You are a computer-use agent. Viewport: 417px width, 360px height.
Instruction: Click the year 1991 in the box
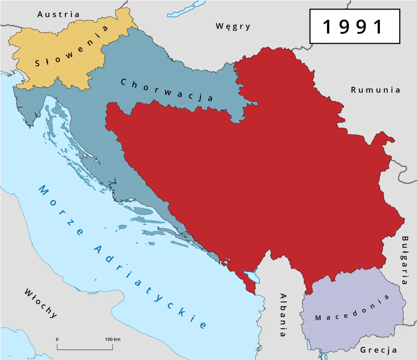pos(354,27)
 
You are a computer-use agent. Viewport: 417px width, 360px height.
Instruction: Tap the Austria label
pos(58,15)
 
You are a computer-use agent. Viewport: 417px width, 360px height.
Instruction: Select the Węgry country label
pos(233,26)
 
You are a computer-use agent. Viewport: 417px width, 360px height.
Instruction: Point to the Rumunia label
pos(375,90)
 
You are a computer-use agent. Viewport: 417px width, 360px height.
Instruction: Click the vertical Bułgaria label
pos(405,260)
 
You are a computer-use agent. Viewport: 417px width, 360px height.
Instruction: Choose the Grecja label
pos(379,350)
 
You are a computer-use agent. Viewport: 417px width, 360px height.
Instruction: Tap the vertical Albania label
pos(283,315)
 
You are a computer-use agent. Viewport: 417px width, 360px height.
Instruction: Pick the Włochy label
pos(41,303)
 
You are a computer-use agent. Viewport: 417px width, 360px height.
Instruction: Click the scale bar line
pos(85,349)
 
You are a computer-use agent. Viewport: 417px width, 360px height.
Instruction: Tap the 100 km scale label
pos(112,339)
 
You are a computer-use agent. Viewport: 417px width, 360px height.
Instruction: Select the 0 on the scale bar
pos(57,339)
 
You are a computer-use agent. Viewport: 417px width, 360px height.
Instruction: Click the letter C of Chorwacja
pos(123,82)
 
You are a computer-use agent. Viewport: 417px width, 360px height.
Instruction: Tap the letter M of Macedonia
pos(318,318)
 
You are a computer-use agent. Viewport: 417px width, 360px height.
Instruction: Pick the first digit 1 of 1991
pos(327,27)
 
